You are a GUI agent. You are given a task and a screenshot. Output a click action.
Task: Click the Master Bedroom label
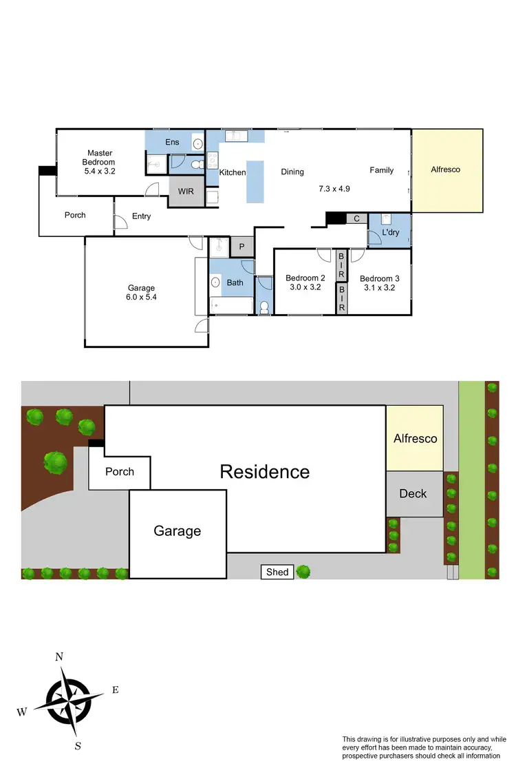[100, 158]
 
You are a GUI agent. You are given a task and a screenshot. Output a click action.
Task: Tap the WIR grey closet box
[186, 192]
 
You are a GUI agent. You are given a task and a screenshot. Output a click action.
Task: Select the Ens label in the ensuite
[172, 142]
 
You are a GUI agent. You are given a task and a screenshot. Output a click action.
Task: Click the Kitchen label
[233, 172]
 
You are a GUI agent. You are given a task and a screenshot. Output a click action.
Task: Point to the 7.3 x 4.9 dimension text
[334, 188]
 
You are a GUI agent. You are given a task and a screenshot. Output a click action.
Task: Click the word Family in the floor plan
[381, 170]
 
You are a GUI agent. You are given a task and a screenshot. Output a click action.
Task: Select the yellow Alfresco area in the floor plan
[446, 170]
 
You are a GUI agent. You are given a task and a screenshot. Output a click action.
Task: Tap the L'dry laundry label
[390, 232]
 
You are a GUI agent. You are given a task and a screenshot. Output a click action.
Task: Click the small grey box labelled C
[356, 218]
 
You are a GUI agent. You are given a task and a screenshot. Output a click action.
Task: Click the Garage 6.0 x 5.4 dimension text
[141, 298]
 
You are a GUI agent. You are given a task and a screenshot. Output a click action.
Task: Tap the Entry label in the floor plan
[141, 216]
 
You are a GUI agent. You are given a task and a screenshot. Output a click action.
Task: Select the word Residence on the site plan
[264, 472]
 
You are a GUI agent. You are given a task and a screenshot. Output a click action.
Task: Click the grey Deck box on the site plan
[413, 494]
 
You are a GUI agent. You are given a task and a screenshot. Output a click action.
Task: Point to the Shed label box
[277, 572]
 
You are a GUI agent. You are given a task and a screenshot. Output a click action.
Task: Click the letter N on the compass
[59, 657]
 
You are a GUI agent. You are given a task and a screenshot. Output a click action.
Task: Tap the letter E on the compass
[115, 690]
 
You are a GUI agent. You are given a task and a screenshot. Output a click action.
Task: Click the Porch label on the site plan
[119, 473]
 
